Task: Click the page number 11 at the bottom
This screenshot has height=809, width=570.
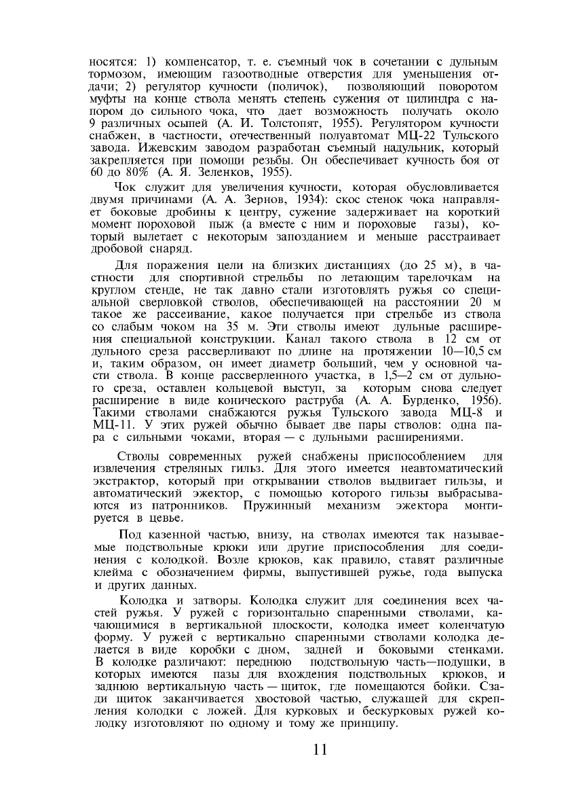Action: pyautogui.click(x=320, y=750)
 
